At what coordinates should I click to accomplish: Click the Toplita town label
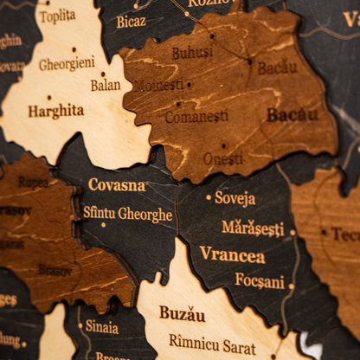click(x=57, y=16)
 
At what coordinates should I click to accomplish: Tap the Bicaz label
click(x=132, y=21)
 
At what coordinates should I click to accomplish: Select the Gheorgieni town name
click(x=67, y=64)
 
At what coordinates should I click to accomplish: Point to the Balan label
click(x=106, y=85)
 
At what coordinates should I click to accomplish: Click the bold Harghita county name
click(x=55, y=111)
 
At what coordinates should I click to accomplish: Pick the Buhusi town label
click(x=191, y=53)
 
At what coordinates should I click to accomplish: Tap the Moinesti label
click(x=158, y=86)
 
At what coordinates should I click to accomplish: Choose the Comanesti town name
click(x=196, y=116)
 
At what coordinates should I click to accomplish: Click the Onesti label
click(x=223, y=158)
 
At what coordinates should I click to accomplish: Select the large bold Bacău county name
click(x=292, y=114)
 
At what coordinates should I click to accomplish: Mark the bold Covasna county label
click(x=116, y=184)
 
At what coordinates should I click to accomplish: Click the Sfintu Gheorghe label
click(x=127, y=213)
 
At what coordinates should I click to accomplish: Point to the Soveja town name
click(x=235, y=198)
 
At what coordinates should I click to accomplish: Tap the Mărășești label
click(x=252, y=228)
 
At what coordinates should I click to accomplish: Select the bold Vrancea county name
click(x=232, y=254)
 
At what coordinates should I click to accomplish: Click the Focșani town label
click(x=259, y=281)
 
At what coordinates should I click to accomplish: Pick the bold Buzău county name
click(x=182, y=313)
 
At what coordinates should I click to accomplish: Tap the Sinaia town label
click(x=101, y=326)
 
